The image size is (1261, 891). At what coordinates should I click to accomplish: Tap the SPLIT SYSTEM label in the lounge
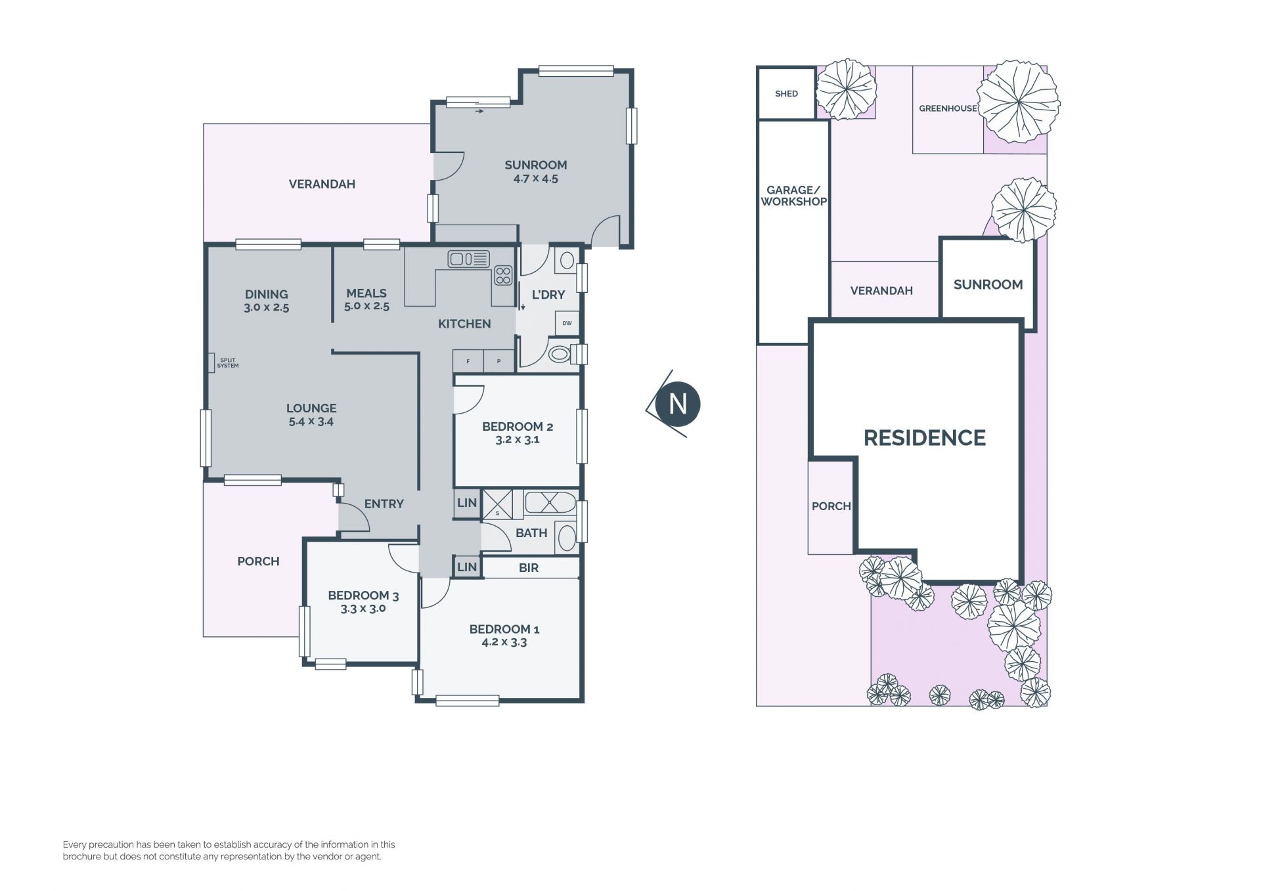tap(228, 363)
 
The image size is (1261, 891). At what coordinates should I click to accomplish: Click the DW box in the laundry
tap(567, 323)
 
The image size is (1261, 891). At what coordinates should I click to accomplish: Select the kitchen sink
tap(468, 259)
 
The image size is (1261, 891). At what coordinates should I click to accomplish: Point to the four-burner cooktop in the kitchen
tap(503, 275)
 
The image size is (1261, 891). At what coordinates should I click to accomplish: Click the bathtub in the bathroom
tap(550, 503)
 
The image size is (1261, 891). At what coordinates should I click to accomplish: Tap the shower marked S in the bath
tap(497, 504)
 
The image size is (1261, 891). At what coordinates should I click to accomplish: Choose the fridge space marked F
tap(468, 361)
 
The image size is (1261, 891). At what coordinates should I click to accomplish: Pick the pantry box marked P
tap(499, 361)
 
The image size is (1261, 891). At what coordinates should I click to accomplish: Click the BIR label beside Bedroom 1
tap(529, 568)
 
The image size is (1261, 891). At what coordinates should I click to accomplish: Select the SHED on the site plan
tap(786, 93)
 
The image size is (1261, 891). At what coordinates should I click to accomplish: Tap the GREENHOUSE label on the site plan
tap(948, 108)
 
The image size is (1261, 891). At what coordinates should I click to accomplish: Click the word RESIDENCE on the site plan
tap(924, 438)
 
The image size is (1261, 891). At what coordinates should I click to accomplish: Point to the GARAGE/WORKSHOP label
tap(793, 196)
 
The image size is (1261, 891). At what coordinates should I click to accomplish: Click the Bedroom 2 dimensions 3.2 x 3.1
tap(518, 440)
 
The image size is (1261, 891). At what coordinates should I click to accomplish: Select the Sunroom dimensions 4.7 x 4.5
tap(536, 179)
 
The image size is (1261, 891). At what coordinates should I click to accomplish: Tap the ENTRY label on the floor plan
tap(384, 504)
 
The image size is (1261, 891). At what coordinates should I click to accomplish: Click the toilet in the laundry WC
tap(560, 355)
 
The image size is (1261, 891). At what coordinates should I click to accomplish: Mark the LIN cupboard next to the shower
tap(467, 503)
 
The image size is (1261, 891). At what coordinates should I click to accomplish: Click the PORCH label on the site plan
tap(831, 506)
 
